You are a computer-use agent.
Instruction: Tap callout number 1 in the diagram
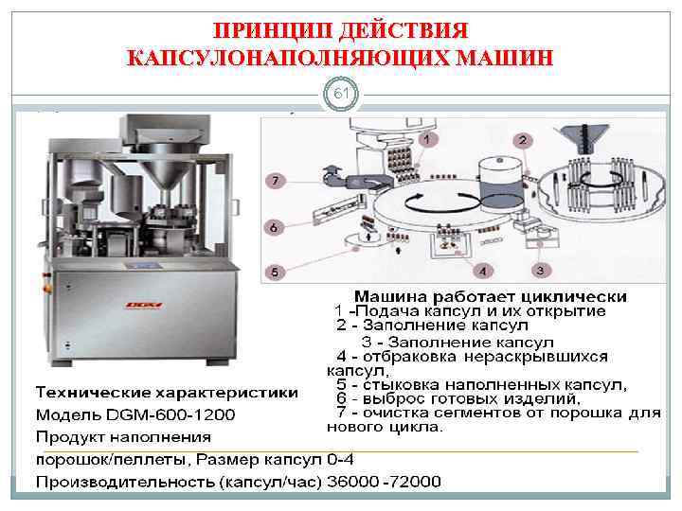[425, 139]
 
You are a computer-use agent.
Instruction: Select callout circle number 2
[522, 140]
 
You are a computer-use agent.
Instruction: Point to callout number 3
[539, 271]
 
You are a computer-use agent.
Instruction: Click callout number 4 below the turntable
[482, 272]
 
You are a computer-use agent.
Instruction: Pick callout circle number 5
[275, 272]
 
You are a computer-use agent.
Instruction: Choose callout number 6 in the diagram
[274, 227]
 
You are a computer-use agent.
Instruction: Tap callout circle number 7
[274, 179]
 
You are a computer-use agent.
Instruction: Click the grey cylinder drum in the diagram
[499, 183]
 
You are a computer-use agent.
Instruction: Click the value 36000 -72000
[384, 482]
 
